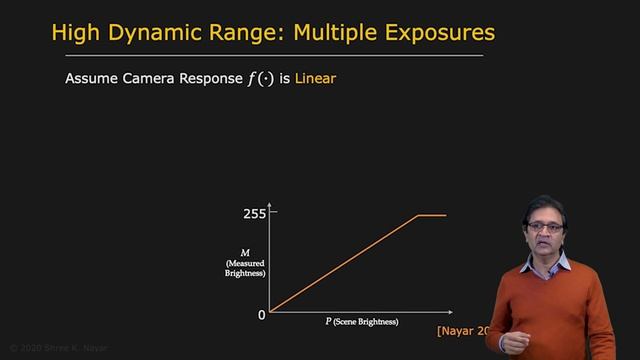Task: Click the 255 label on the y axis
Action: [x=255, y=213]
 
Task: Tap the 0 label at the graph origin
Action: [x=262, y=314]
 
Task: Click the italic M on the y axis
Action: [x=246, y=253]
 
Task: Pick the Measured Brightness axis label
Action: [x=245, y=268]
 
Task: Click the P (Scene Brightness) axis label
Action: [x=361, y=322]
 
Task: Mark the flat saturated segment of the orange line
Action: [x=431, y=214]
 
